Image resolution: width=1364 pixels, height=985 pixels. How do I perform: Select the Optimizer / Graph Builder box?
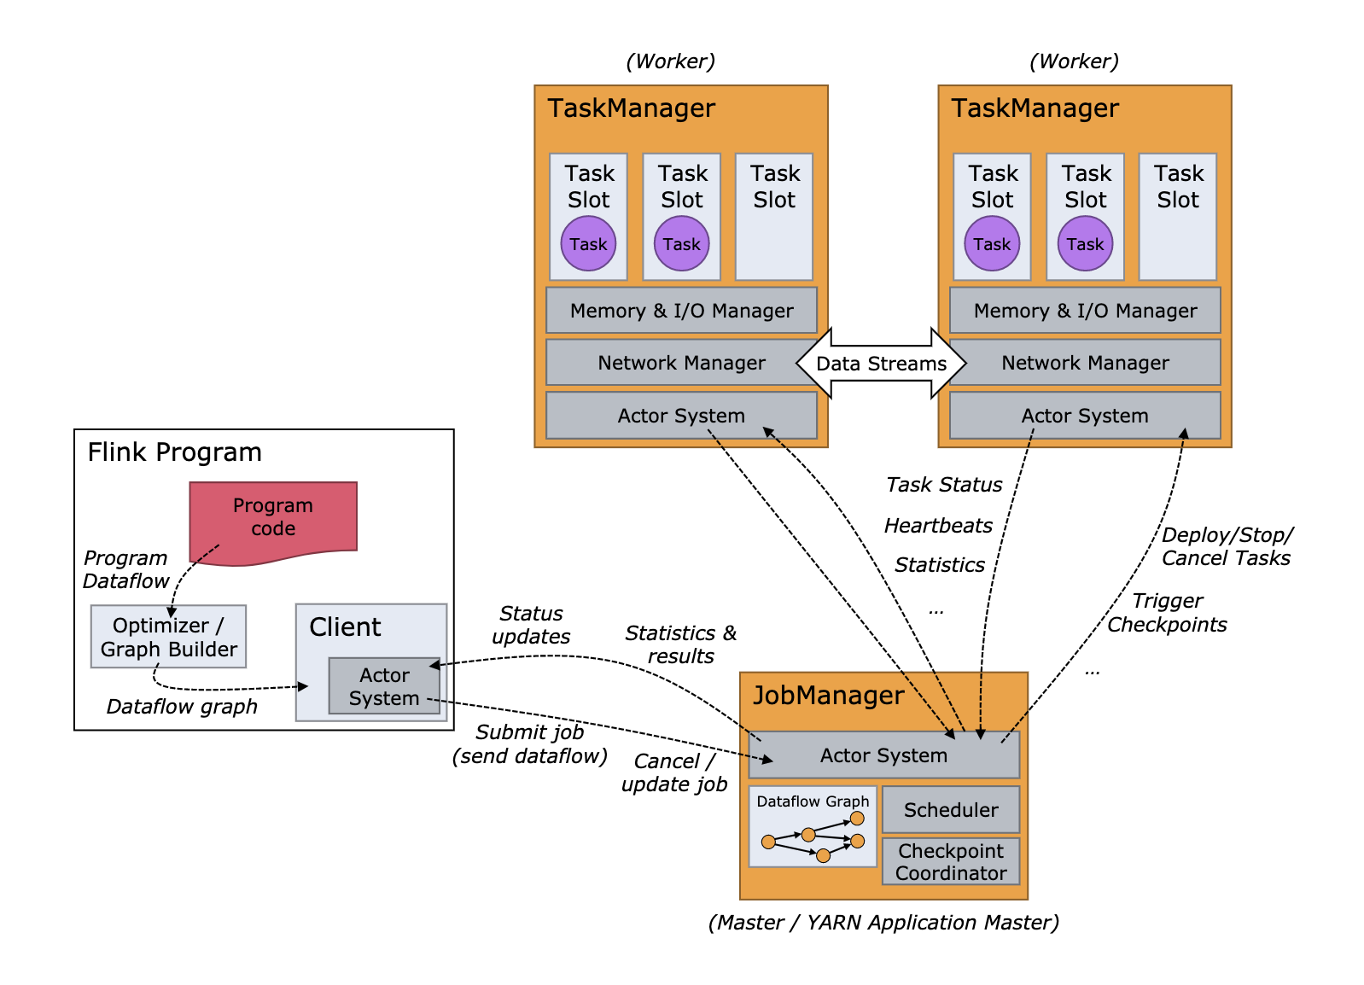tap(168, 637)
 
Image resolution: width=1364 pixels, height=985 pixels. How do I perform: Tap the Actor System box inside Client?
tap(384, 686)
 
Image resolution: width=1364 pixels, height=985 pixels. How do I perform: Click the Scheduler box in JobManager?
tap(950, 809)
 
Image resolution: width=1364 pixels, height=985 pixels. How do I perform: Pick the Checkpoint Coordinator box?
tap(950, 861)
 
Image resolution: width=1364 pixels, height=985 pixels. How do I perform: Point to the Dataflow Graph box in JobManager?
tap(813, 827)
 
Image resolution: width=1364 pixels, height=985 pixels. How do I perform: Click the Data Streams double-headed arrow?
tap(881, 364)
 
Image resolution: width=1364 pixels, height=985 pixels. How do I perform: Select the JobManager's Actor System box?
tap(883, 755)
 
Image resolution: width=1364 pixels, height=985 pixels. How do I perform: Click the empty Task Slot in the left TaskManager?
tap(774, 217)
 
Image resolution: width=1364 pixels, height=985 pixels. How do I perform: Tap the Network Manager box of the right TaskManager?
tap(1085, 363)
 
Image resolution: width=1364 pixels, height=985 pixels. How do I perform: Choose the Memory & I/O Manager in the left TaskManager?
tap(681, 311)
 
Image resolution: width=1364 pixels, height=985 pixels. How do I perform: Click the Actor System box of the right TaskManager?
tap(1085, 416)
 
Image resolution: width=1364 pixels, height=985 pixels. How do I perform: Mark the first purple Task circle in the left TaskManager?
tap(588, 244)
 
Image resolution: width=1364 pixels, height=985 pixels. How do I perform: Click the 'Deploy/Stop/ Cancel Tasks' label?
tap(1227, 546)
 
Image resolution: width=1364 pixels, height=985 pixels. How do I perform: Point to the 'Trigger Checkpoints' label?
tap(1167, 613)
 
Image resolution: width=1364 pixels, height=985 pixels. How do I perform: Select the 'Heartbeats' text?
tap(938, 526)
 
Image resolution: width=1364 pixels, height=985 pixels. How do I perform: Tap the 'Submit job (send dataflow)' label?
tap(529, 744)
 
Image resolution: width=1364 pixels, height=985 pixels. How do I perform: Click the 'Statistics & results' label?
tap(680, 644)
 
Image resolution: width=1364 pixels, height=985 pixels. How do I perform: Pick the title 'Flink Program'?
tap(174, 452)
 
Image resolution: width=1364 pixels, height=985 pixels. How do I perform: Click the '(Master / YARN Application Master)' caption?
tap(883, 923)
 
